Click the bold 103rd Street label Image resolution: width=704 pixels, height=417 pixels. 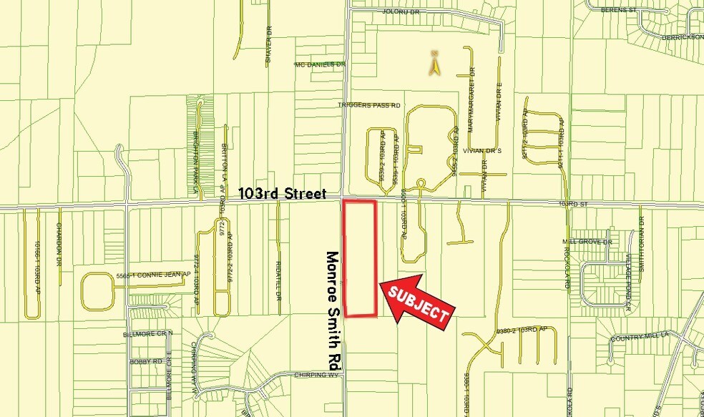pos(283,193)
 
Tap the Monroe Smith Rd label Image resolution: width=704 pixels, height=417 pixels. pos(332,310)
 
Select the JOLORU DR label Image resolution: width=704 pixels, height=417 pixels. pos(400,12)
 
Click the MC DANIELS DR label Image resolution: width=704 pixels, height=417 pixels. pos(321,64)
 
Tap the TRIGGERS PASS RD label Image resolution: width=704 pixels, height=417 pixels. pos(369,105)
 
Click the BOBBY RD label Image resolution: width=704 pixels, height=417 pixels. pos(143,362)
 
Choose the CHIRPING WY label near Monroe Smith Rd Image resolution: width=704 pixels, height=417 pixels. pos(316,375)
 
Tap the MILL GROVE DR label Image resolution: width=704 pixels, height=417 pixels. pos(588,242)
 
